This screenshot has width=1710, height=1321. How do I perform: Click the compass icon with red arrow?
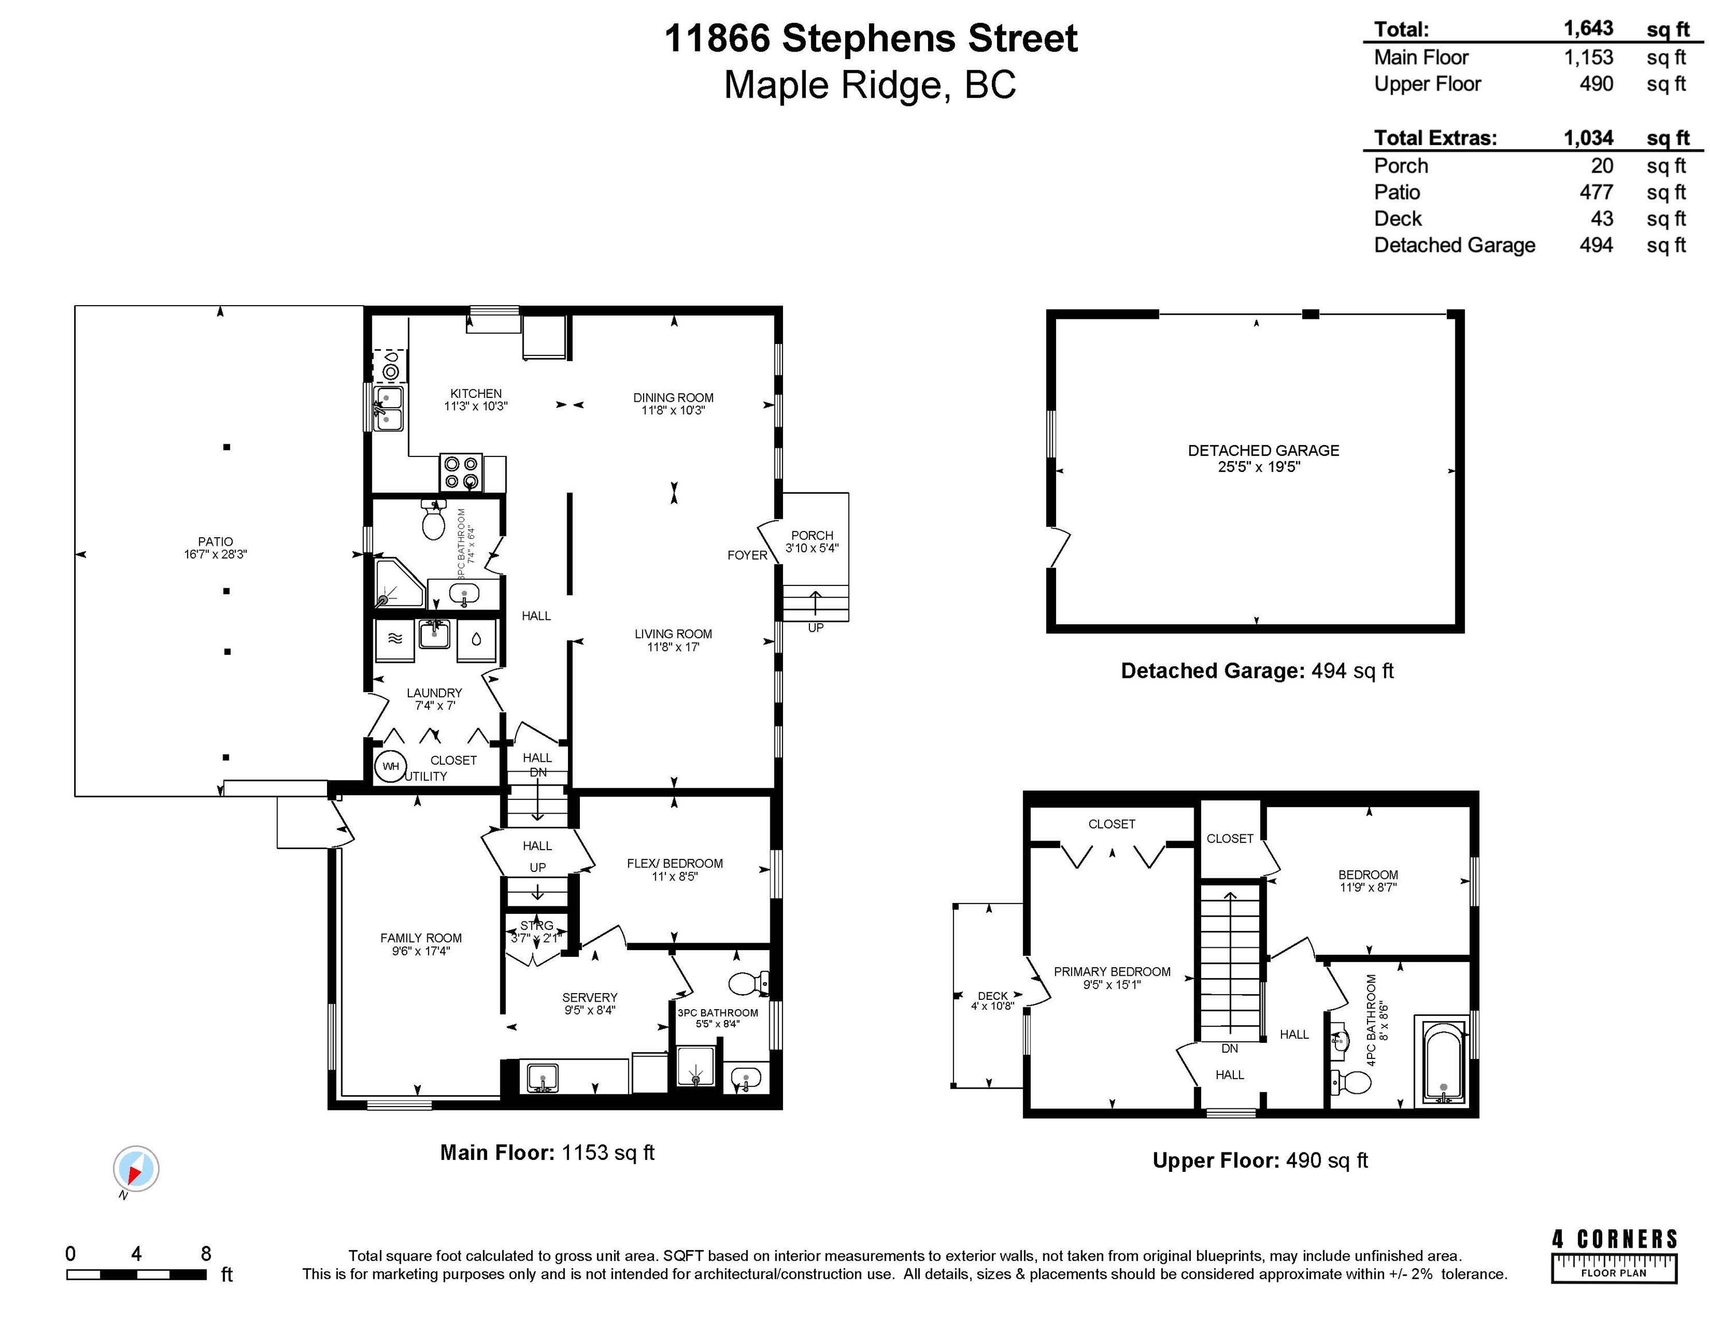point(136,1169)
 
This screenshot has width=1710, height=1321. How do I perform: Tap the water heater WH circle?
point(391,766)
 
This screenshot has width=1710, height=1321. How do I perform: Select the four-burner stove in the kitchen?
point(461,472)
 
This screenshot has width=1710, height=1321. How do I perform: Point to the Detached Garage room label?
point(1263,451)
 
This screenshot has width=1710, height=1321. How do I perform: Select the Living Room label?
point(673,634)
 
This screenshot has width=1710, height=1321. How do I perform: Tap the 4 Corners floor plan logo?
point(1614,1255)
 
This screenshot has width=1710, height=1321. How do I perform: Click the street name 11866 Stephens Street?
point(871,38)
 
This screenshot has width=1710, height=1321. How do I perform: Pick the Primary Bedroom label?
point(1112,972)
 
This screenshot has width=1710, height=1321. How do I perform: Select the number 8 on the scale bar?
point(206,1254)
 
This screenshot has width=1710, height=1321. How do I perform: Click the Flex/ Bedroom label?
point(674,864)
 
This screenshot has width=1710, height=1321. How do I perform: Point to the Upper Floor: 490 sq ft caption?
point(1260,1160)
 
